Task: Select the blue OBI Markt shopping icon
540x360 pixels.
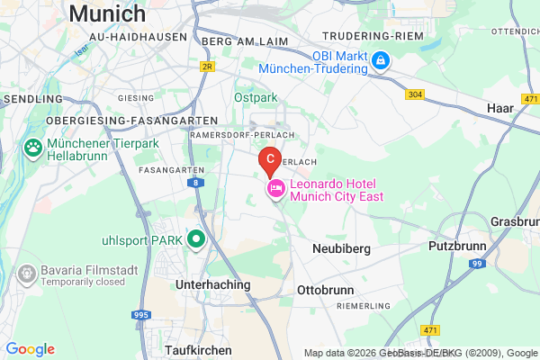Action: click(x=382, y=60)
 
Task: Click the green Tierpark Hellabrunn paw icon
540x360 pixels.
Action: click(x=34, y=147)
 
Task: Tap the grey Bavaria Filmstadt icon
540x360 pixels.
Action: click(x=27, y=272)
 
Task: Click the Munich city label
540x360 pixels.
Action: click(x=106, y=13)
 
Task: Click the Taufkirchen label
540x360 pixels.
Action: click(x=198, y=349)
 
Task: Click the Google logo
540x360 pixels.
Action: click(x=30, y=349)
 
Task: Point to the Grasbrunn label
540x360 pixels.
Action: click(x=517, y=220)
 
